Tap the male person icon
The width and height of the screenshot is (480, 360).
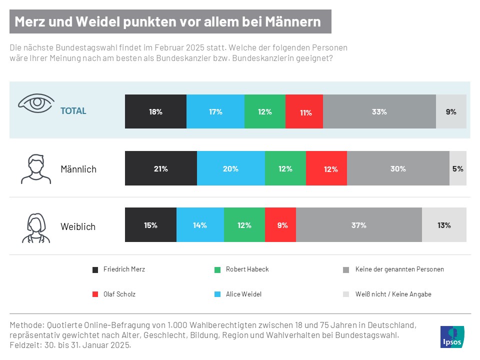pyautogui.click(x=35, y=169)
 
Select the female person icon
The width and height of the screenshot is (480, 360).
pyautogui.click(x=35, y=227)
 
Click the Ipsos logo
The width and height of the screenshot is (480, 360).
pyautogui.click(x=452, y=336)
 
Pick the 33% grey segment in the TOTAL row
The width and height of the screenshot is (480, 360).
pyautogui.click(x=379, y=111)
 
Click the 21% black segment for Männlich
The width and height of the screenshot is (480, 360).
pyautogui.click(x=160, y=169)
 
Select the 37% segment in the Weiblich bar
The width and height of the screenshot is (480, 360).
pyautogui.click(x=358, y=225)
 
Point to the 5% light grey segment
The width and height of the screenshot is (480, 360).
pyautogui.click(x=457, y=169)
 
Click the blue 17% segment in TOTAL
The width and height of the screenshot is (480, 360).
pyautogui.click(x=215, y=111)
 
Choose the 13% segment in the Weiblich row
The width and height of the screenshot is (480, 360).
pyautogui.click(x=444, y=225)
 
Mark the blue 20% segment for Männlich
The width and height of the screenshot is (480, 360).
pyautogui.click(x=230, y=169)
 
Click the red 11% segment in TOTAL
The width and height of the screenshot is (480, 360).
pyautogui.click(x=304, y=111)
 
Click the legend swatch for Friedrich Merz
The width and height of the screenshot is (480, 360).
pyautogui.click(x=95, y=269)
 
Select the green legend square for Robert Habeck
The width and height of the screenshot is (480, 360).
pyautogui.click(x=216, y=269)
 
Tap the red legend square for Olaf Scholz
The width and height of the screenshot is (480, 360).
pyautogui.click(x=95, y=294)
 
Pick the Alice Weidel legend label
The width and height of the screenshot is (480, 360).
pyautogui.click(x=243, y=294)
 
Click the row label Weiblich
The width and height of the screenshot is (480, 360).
pyautogui.click(x=78, y=226)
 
